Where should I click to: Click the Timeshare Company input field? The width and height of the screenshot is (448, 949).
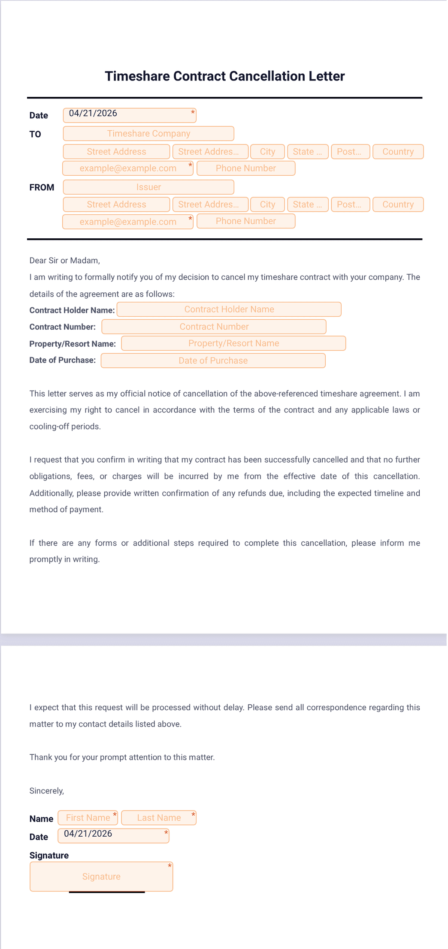pos(148,134)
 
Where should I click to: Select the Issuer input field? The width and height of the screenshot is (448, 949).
pos(148,187)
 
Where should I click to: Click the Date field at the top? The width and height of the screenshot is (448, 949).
pos(129,115)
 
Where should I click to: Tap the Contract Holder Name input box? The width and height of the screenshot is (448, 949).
pos(229,309)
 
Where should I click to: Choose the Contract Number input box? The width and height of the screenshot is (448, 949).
pos(214,327)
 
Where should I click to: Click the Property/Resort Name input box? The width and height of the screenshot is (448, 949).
pos(233,343)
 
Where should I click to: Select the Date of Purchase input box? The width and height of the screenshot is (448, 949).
pos(213,360)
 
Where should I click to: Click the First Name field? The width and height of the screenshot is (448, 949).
pos(88,818)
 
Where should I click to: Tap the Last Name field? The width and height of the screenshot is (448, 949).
pos(159,818)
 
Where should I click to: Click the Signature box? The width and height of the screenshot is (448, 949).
pos(101,877)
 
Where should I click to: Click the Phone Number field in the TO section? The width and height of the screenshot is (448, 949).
pos(246,168)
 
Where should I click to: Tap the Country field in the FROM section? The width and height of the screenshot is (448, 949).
pos(398,204)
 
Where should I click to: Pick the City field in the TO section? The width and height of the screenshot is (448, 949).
pos(267,152)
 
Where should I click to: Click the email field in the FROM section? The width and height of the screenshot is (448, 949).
pos(128,222)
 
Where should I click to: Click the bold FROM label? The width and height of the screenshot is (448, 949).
pos(42,187)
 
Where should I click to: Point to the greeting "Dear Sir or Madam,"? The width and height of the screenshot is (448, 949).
pos(64,260)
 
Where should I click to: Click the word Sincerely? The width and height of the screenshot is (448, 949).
pos(46,791)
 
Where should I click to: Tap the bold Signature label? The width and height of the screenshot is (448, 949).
pos(49,856)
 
